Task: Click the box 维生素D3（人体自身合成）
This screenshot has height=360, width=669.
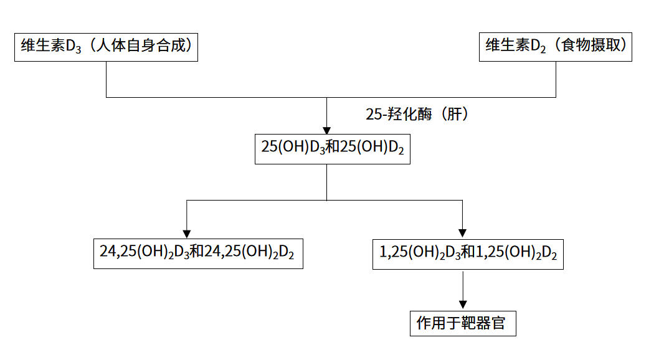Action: (106, 47)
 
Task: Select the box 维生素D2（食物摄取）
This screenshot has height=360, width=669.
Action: (555, 47)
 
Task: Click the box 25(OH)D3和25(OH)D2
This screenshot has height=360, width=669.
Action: (332, 148)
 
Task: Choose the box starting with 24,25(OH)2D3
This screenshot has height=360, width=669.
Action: (198, 252)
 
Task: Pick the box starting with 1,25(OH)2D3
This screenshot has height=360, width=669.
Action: (468, 253)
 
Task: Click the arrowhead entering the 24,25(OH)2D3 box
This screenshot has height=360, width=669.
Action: (186, 234)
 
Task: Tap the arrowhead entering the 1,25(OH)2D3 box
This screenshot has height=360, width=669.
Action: (462, 234)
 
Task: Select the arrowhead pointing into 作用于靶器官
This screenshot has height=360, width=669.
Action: (463, 304)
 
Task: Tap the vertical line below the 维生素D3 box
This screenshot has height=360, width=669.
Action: (107, 79)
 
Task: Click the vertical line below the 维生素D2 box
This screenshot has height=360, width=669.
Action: (556, 79)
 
